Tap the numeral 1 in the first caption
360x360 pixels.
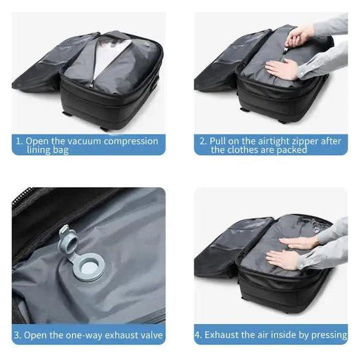click(x=20, y=141)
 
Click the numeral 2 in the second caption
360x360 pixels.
click(x=203, y=141)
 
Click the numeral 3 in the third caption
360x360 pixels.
click(x=18, y=334)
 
